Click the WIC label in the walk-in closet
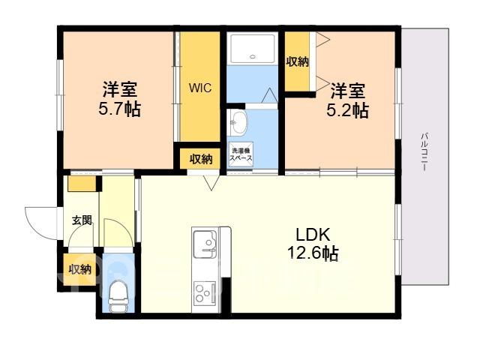pos(200,88)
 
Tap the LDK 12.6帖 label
pos(313,244)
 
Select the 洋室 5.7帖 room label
pos(120,98)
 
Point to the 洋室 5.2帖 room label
pos(347,100)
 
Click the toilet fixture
pos(118,296)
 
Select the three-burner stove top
pos(205,293)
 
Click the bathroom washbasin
pos(238,122)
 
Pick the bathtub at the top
pos(253,48)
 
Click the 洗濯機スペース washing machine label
pos(241,154)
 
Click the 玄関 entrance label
pos(82,220)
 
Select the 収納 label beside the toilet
pos(80,269)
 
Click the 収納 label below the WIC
pos(201,159)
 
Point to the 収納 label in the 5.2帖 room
pos(297,62)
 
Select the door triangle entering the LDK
pos(211,182)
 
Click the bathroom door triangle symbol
pos(269,95)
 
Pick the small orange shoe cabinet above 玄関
pos(82,184)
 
